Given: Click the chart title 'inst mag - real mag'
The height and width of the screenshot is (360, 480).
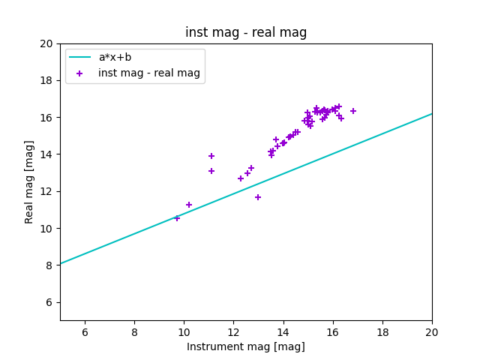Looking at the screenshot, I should point(246,32).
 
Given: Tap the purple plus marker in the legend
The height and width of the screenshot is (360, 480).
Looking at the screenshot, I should point(79,73).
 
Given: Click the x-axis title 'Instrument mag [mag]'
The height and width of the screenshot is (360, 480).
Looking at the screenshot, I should point(246,346).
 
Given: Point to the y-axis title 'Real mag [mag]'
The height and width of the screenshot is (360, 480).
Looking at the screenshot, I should point(30,181).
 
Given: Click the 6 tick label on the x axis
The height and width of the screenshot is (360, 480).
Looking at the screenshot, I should point(85,332).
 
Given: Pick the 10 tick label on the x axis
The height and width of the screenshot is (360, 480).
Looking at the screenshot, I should point(184,332).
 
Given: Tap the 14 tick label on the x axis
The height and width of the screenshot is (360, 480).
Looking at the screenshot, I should point(283,332).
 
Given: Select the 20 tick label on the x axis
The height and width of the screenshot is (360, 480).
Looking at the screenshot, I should point(432,332).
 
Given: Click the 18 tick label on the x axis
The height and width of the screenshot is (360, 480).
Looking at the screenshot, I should point(382,332).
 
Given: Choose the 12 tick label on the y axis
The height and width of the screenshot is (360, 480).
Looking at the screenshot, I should point(46,191).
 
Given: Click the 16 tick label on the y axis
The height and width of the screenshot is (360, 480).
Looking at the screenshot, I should point(46,118).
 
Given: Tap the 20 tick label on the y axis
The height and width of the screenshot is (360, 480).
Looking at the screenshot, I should point(46,43).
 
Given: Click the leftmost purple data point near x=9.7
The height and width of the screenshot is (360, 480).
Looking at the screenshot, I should point(177,218).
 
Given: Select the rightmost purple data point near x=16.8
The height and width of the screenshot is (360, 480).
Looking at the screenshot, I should point(353,111).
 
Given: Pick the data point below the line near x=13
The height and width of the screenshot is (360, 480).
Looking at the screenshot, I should point(258,197).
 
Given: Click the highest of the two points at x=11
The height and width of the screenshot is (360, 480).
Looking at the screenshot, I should point(211,156).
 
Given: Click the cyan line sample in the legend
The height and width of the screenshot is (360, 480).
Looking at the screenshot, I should point(79,57).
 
